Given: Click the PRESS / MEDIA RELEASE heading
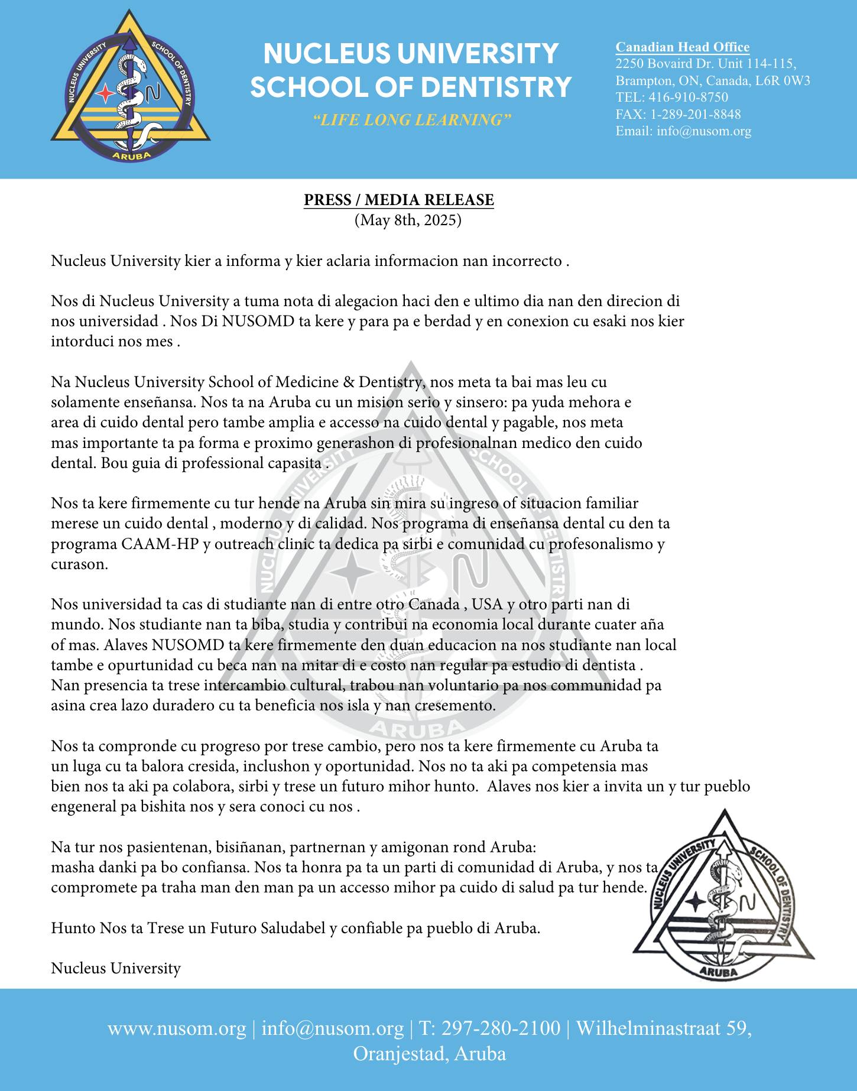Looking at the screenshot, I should coord(398,200).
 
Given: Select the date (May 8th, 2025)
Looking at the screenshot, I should coord(407,220).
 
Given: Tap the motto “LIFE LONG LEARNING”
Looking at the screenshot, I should coord(411,120).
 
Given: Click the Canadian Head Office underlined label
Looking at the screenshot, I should coord(682,47).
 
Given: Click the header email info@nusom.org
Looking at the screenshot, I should coord(703,131).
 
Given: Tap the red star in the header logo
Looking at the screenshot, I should coord(105,93).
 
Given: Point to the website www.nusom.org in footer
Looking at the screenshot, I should coord(176,1028).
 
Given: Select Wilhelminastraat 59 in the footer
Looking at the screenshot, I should coord(663,1028).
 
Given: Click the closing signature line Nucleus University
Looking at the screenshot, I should coord(116,968).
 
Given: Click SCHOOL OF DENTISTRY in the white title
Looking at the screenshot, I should coord(411,86).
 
